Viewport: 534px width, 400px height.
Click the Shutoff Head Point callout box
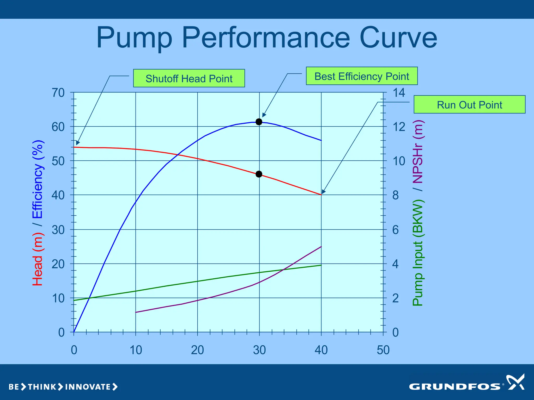pos(189,78)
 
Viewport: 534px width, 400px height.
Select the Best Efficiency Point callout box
pos(362,76)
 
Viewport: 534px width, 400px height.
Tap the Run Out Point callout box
pos(469,104)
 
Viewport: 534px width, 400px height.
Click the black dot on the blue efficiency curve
pos(259,122)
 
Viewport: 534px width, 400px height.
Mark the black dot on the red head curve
pos(259,174)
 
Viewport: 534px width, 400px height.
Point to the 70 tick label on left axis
pos(58,93)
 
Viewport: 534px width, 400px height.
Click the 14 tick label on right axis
pos(399,93)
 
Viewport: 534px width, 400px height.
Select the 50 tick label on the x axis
pos(383,350)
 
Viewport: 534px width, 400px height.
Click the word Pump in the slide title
pos(134,38)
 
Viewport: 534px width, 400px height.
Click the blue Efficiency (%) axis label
pos(38,179)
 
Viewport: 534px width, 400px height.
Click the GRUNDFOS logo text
pos(455,386)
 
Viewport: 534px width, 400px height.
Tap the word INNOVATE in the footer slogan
pos(88,387)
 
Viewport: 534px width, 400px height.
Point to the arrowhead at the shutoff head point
pos(78,143)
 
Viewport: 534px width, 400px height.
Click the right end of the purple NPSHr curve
pos(321,247)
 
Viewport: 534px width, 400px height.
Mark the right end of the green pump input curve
pos(321,265)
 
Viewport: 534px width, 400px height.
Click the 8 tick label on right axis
pos(396,195)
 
